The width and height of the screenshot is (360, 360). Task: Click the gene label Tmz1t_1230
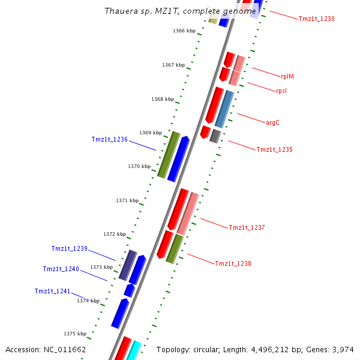coord(316,19)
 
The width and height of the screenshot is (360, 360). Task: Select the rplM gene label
coord(287,76)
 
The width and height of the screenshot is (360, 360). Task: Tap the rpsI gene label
coord(281,91)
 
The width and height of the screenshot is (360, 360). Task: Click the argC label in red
coord(272,122)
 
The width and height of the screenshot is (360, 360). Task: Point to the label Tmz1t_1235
coord(274,149)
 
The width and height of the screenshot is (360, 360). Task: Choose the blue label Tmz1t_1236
coord(109,139)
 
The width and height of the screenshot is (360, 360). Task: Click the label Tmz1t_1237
coord(247,227)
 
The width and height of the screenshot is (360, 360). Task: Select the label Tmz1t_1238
coord(233,263)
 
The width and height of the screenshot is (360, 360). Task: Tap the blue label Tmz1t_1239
coord(69,248)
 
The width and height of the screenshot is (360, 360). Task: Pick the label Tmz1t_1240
coord(61,269)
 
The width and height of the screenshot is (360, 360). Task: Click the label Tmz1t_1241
coord(52,291)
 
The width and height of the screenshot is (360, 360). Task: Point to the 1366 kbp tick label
coord(184,31)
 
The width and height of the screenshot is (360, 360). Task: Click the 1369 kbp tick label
coord(151,133)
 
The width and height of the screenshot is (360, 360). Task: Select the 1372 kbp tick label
coord(115,234)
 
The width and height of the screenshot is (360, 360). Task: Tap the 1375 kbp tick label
coord(75,334)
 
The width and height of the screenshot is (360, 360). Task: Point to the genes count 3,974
coord(343,349)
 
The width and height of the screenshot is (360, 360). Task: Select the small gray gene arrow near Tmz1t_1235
coord(215,136)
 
